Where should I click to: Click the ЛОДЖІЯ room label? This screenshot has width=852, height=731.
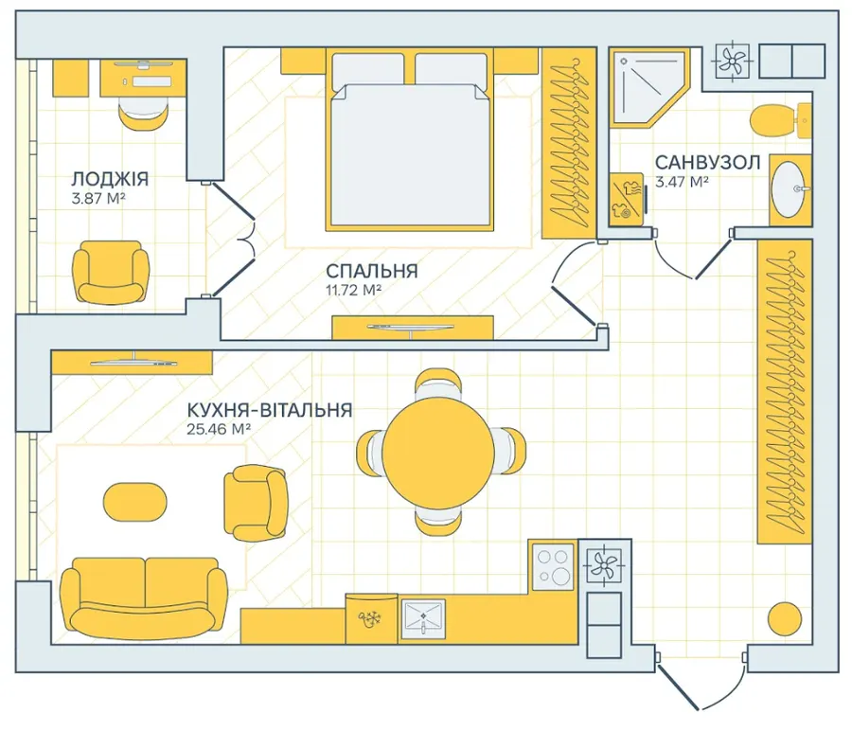(110, 179)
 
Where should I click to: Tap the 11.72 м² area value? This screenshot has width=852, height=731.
(353, 291)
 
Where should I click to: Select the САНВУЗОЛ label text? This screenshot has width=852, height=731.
(707, 163)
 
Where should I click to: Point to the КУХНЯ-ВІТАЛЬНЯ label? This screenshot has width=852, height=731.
(270, 409)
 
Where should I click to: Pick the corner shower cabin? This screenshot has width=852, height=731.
(649, 87)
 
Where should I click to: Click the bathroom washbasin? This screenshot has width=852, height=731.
(790, 189)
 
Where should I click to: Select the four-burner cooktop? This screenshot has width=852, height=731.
(553, 566)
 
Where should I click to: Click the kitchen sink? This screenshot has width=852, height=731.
(423, 619)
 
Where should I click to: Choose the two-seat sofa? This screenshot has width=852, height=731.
(144, 598)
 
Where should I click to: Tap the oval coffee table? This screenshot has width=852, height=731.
(135, 502)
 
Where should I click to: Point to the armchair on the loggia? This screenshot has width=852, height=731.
(111, 272)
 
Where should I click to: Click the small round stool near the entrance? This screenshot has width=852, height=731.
(785, 618)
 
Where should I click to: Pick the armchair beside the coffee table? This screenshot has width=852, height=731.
(256, 503)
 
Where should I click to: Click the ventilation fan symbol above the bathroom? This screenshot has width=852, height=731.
(732, 61)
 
